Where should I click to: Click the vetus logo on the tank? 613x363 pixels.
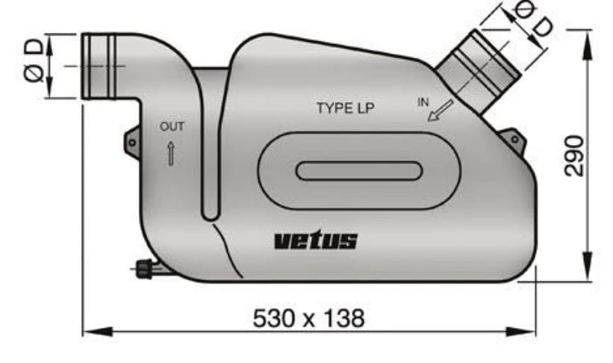tap(316, 241)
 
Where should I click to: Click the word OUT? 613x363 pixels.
tap(171, 127)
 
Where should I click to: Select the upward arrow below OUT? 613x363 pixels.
tap(171, 152)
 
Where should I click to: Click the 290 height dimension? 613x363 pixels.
tap(573, 155)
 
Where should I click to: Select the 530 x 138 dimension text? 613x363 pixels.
tap(309, 319)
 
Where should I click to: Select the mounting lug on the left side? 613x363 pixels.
tap(132, 141)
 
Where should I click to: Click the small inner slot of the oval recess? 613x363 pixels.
tap(358, 170)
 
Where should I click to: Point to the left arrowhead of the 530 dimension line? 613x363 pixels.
tap(88, 329)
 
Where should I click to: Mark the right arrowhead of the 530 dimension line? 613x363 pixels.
tap(529, 329)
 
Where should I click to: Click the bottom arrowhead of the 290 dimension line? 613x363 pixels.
tap(591, 274)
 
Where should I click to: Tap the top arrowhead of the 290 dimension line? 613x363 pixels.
tap(591, 37)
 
